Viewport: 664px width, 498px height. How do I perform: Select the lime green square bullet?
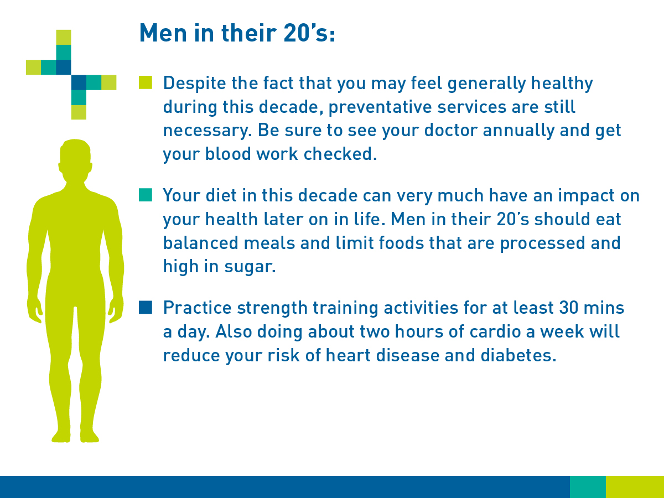[x=145, y=83]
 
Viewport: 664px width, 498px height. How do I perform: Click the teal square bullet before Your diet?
[x=145, y=195]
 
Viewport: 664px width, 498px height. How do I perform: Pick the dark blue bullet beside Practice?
[x=145, y=307]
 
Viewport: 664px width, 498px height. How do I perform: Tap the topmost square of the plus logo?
[x=64, y=37]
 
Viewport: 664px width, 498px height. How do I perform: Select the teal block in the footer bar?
[x=588, y=486]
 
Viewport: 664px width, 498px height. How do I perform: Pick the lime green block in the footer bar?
[x=635, y=486]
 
